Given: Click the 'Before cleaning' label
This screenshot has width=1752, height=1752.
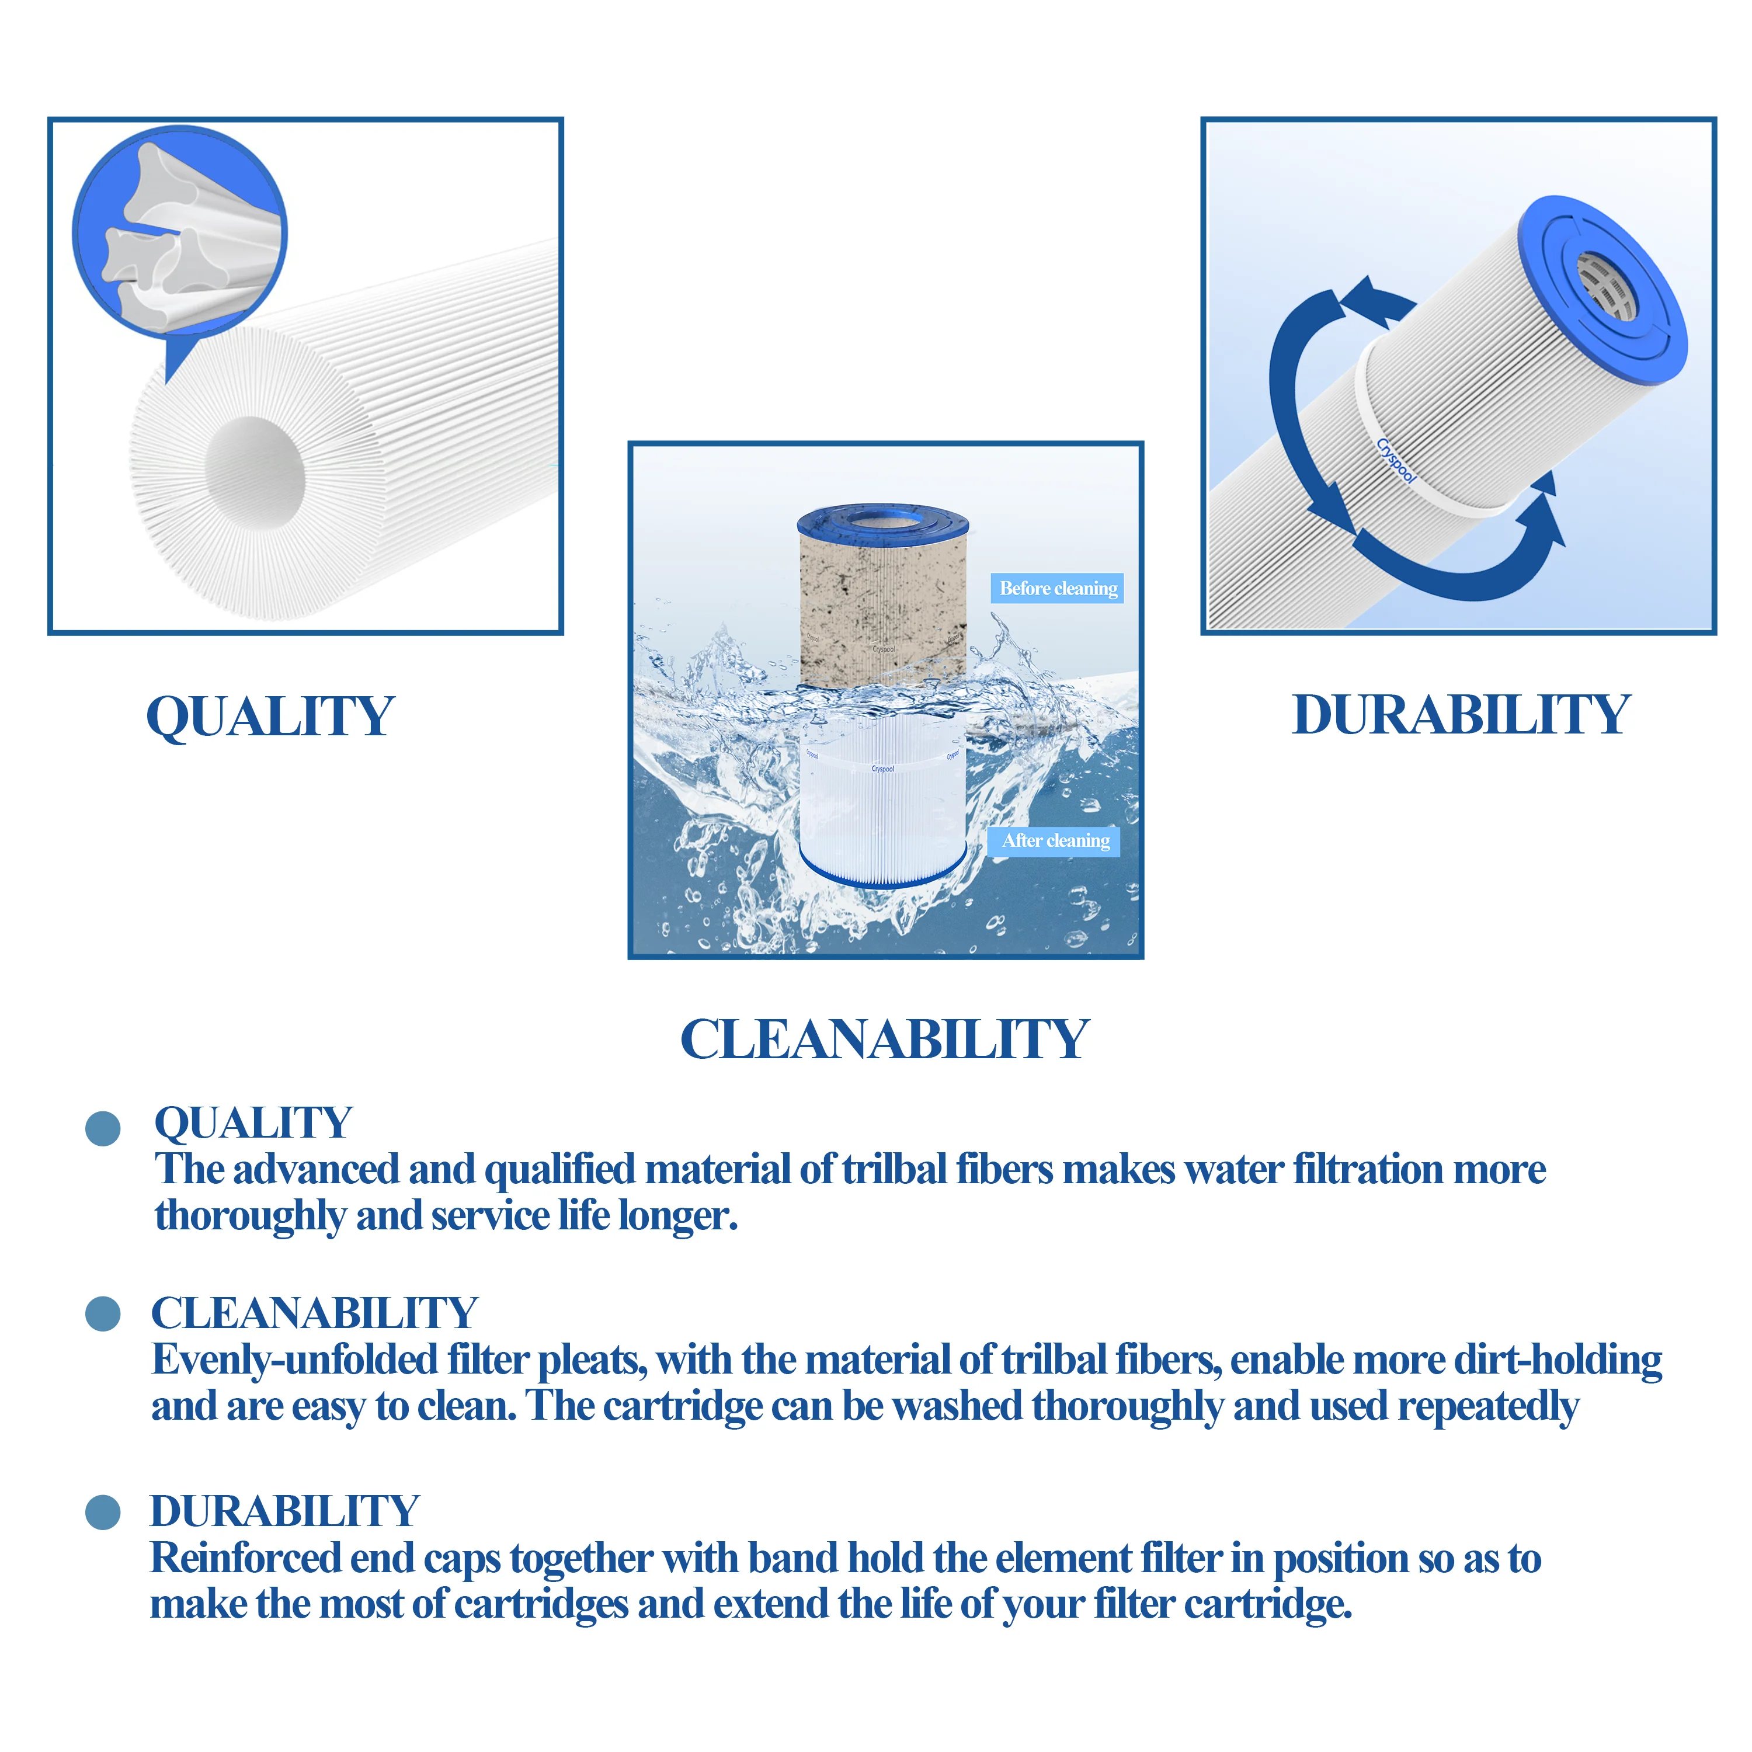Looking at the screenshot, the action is pos(1058,589).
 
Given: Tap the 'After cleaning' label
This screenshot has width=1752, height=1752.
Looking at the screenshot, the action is pos(1055,840).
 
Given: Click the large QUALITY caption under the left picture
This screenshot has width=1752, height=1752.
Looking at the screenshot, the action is pos(270,717).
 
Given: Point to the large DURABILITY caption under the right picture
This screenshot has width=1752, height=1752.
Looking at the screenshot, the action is pos(1461,715).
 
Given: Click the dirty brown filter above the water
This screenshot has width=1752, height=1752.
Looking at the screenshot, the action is pos(882,599).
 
